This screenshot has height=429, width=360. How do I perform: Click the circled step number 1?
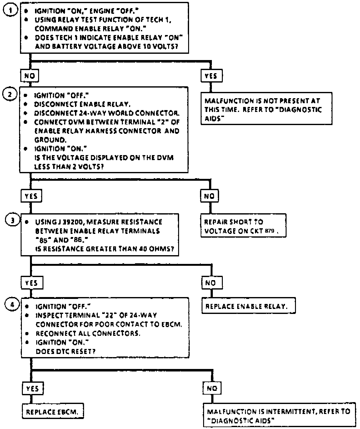pos(10,10)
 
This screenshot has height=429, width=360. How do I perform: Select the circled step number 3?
pos(12,220)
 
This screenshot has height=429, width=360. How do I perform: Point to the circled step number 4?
pos(12,304)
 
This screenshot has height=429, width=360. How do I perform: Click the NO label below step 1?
pos(30,76)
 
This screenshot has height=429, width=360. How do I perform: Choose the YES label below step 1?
pos(211,76)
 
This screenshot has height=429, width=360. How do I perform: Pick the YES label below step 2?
pos(31,196)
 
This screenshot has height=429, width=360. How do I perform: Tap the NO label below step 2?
pos(209,196)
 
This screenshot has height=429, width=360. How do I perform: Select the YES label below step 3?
pos(32,283)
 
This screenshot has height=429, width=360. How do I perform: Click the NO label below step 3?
pos(211,283)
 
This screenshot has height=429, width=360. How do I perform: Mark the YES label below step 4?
pos(32,388)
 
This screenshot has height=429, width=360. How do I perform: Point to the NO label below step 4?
pos(212,388)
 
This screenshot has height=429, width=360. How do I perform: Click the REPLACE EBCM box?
pos(53,412)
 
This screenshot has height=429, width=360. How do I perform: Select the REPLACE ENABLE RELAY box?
pos(248,306)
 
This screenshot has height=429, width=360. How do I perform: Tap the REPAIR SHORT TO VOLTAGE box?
pos(243,226)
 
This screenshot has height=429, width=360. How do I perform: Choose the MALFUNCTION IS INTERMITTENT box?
pos(279,416)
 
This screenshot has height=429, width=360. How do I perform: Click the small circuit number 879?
pos(269,231)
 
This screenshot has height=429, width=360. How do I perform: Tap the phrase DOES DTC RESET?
pos(65,351)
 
